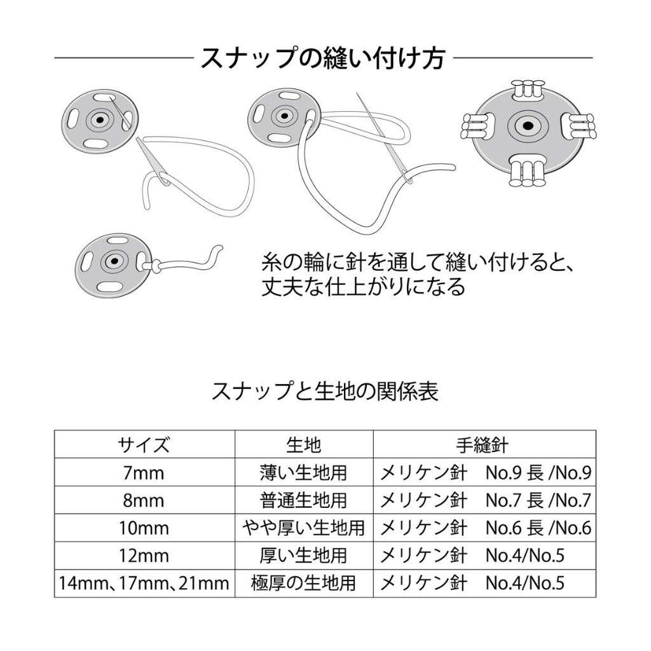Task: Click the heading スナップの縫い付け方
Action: (x=322, y=58)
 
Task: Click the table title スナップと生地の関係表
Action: (x=325, y=391)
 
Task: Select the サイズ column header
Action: (x=144, y=445)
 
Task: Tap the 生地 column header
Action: (x=303, y=445)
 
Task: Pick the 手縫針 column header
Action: (x=483, y=445)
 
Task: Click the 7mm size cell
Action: (x=144, y=473)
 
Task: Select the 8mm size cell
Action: (x=144, y=500)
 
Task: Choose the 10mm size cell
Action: (x=144, y=528)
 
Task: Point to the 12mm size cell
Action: (x=144, y=556)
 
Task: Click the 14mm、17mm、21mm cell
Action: (x=144, y=584)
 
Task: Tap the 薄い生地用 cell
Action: (x=303, y=473)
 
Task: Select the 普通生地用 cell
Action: (x=303, y=500)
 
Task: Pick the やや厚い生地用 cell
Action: (x=303, y=528)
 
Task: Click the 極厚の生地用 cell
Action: (x=303, y=584)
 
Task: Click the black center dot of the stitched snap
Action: (x=528, y=125)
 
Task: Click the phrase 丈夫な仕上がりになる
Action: (x=363, y=287)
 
